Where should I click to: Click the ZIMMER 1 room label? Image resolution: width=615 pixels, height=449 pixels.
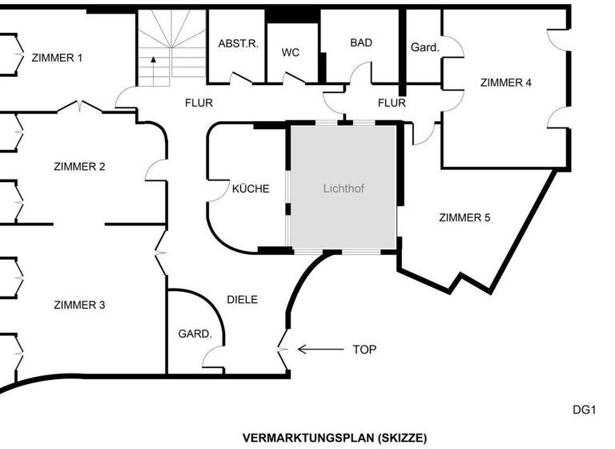57,58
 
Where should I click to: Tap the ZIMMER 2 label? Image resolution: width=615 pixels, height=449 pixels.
79,167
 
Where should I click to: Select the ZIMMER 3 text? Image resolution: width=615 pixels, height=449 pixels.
79,305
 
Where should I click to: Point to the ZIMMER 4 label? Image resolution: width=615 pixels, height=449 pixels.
505,82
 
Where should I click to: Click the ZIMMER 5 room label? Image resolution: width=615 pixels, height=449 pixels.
464,217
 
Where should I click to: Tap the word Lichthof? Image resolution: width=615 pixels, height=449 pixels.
344,190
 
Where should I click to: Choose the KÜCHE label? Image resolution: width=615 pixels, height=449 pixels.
251,189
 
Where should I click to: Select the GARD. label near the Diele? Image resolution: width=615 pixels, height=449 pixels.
194,334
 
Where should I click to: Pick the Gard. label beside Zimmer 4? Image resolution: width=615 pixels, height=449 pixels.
424,47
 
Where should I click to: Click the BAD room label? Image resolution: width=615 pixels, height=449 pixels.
361,42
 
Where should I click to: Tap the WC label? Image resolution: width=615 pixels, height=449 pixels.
291,52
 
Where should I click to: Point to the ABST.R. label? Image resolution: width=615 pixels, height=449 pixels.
238,43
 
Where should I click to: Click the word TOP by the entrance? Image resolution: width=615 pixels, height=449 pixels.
364,350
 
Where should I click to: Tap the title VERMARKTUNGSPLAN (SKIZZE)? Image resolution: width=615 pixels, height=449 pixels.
335,438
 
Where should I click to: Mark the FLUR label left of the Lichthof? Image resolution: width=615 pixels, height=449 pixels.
199,103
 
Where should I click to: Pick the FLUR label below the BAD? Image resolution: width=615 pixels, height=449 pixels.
392,103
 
